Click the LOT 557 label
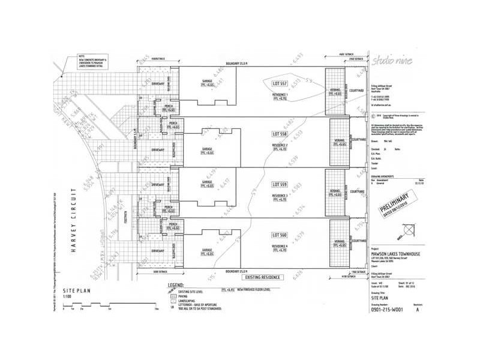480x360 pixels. coord(280,82)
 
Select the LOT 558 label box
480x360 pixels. coord(280,133)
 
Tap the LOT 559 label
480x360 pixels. coord(280,184)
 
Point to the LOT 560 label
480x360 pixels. coord(280,235)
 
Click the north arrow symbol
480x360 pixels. coord(409,230)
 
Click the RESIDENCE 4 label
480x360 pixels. coord(280,246)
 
